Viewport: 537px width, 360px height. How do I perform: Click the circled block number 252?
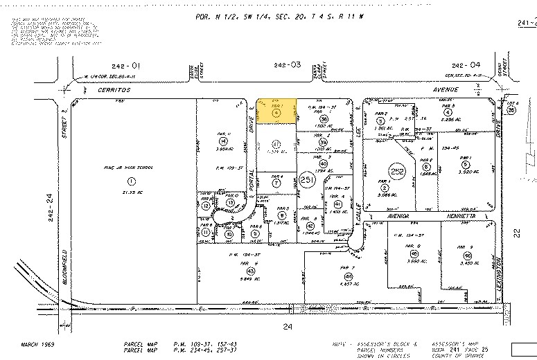tap(396, 172)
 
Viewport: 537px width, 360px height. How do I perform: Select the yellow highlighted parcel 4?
tap(276, 111)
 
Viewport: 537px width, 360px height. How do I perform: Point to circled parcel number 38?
tap(324, 119)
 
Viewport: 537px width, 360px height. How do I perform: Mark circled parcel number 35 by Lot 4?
tap(511, 110)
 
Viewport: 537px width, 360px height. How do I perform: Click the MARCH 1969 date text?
tap(36, 343)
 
